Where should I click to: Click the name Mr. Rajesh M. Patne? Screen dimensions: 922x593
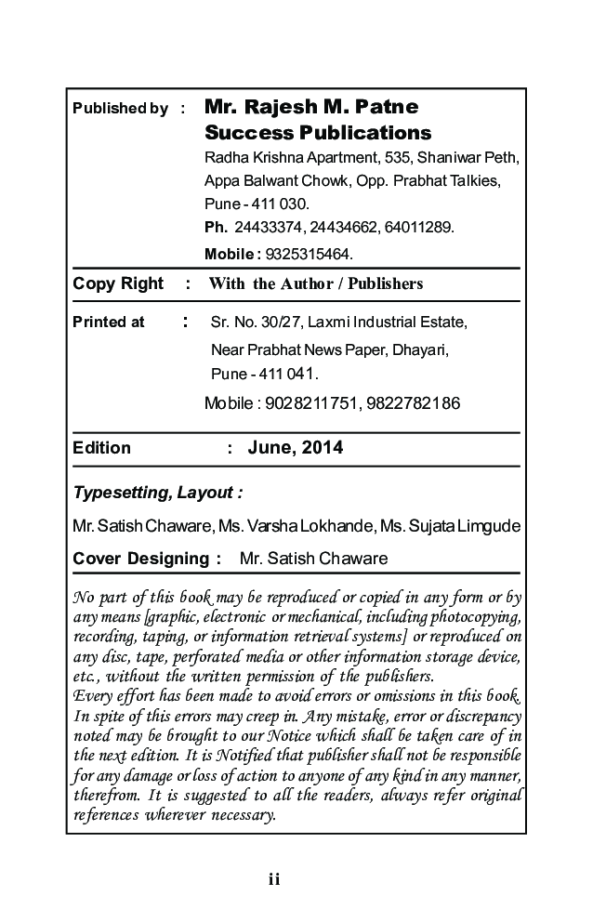311,107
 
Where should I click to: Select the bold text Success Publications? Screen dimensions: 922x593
318,133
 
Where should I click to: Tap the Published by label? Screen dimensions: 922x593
120,109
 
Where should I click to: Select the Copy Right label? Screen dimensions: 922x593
118,283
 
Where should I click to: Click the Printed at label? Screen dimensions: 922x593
109,323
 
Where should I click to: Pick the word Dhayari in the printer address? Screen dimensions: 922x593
421,349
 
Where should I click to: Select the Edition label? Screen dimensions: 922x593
102,448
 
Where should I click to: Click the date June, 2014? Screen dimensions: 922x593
296,448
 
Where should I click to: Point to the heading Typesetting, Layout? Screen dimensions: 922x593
158,492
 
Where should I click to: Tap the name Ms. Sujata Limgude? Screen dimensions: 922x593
450,527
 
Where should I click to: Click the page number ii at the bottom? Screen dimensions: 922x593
273,879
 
